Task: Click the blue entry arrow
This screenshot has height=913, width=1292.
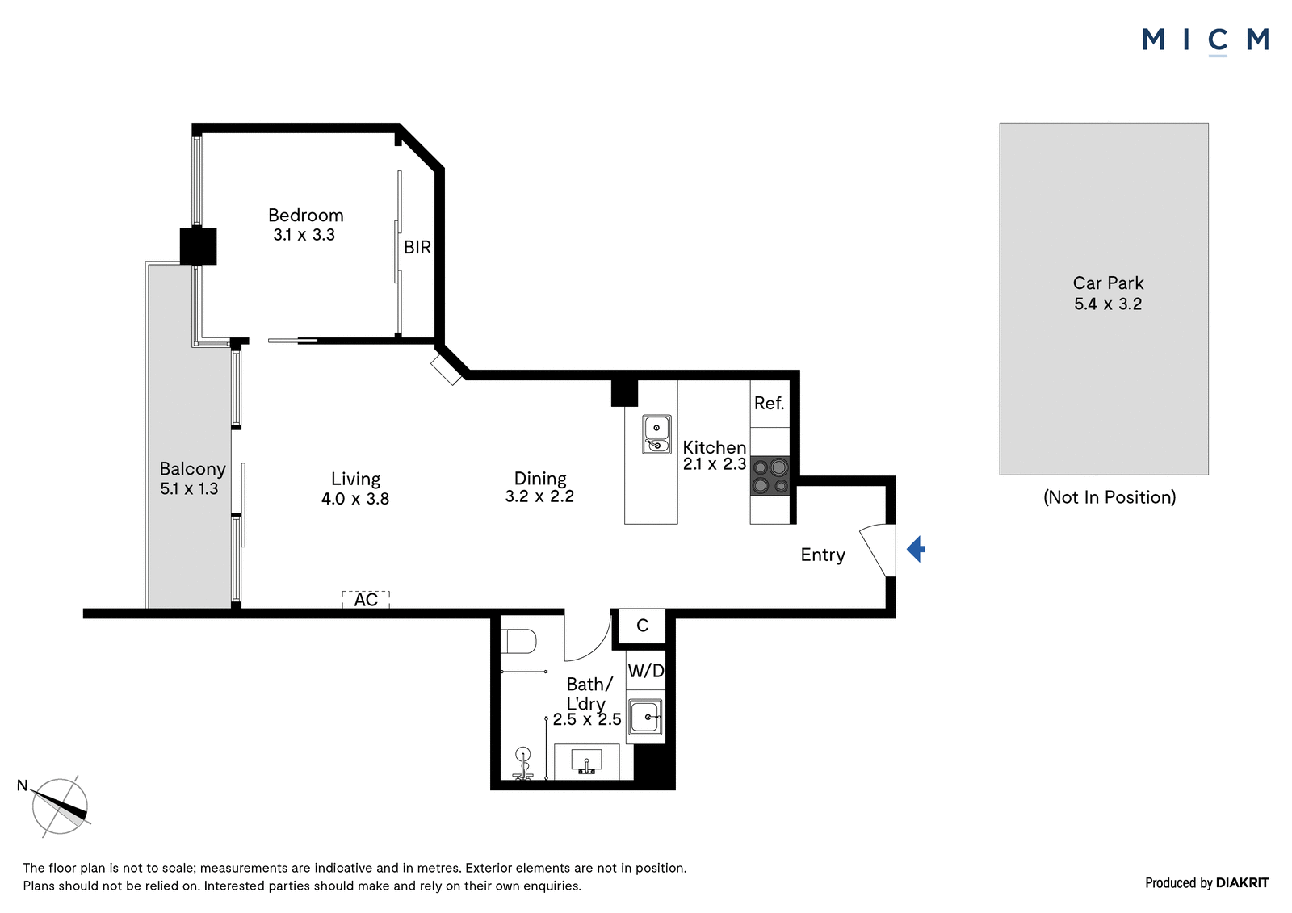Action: tap(916, 549)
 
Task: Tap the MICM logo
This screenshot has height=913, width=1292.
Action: tap(1206, 41)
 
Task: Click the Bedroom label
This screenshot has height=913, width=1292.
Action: tap(306, 215)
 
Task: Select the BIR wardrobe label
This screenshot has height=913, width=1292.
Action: tap(417, 248)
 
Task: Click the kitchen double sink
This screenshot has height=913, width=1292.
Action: tap(657, 434)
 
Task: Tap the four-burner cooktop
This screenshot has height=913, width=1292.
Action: tap(770, 475)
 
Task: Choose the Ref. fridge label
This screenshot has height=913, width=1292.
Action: tap(770, 403)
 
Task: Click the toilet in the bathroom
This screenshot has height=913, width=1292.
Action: tap(518, 641)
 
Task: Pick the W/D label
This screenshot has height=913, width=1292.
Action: tap(646, 670)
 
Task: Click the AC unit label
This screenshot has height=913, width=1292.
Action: tap(366, 600)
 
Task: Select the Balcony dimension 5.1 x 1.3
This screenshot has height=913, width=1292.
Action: tap(189, 489)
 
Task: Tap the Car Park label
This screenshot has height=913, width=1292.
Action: tap(1108, 283)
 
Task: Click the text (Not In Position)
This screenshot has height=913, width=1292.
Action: tap(1110, 497)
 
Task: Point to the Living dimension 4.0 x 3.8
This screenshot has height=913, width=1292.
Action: tap(355, 499)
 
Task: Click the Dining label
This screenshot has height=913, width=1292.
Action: tap(540, 479)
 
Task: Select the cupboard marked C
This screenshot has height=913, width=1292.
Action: tap(643, 626)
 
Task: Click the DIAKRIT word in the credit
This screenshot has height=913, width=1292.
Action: tap(1243, 883)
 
